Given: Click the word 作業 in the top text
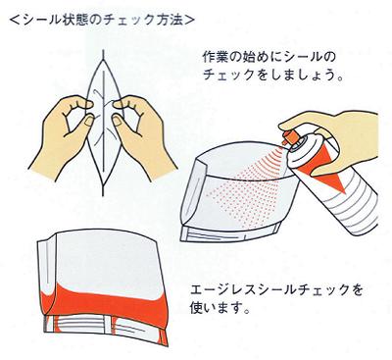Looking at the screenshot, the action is point(216,58).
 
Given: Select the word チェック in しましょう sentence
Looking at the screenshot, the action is point(228,76).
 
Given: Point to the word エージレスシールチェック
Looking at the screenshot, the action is point(276,290).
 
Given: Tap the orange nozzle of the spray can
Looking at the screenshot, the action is point(289,137).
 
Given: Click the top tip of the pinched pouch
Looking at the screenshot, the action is point(104,52).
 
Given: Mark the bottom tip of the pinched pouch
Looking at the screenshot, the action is point(104,193).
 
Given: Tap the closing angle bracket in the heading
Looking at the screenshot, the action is point(189,21).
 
